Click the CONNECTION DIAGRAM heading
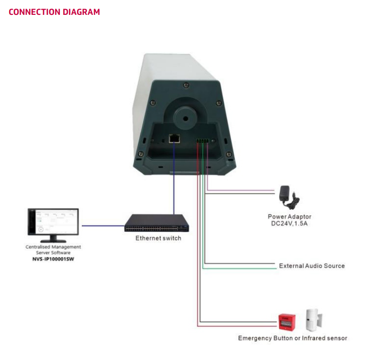click(x=54, y=12)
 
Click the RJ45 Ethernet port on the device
click(x=174, y=139)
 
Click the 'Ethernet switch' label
click(x=158, y=238)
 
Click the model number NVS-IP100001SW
click(x=53, y=259)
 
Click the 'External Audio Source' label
click(x=311, y=266)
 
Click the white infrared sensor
click(x=313, y=319)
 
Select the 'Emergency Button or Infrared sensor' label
click(x=292, y=338)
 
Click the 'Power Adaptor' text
click(x=289, y=217)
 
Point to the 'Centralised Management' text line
click(x=53, y=247)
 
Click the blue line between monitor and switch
click(x=103, y=225)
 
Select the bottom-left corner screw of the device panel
click(x=141, y=154)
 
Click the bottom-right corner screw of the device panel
click(x=229, y=154)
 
